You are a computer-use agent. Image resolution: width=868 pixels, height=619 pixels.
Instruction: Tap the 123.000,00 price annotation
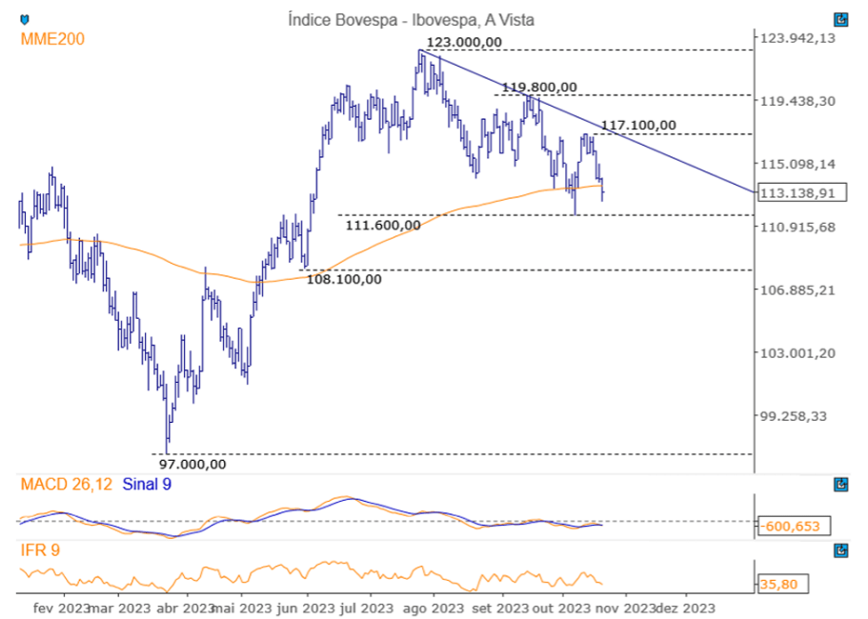click(464, 42)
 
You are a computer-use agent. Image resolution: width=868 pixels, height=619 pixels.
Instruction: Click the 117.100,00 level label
click(638, 125)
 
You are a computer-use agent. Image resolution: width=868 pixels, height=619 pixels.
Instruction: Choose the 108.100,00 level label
click(344, 279)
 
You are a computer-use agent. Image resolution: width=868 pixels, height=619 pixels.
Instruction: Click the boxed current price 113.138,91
click(800, 192)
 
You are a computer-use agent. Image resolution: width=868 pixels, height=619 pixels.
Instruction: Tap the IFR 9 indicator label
click(41, 549)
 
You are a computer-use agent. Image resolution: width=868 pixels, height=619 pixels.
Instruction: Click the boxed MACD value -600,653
click(793, 526)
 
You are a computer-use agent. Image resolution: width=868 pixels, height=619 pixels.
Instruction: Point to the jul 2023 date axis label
click(366, 608)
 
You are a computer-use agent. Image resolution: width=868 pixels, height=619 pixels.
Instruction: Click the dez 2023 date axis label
click(686, 608)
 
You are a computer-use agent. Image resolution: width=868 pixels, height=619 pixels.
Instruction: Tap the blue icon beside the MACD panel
click(841, 485)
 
